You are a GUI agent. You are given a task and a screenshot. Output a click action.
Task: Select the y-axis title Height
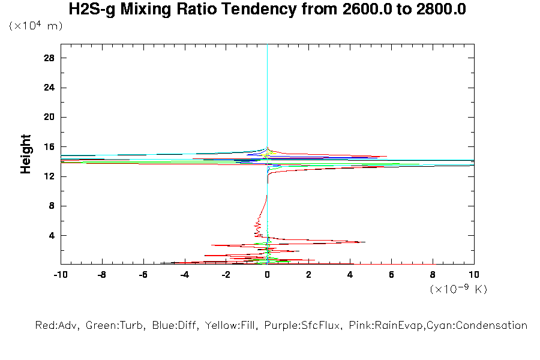(26, 154)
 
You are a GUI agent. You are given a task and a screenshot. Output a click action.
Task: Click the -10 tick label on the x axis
(60, 275)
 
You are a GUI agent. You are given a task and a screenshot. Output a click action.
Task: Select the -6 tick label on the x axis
(143, 275)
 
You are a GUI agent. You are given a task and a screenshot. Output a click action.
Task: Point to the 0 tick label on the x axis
(268, 275)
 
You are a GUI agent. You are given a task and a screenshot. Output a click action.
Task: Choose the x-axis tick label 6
(392, 275)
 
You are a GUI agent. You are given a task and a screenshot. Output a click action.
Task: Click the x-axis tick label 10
(474, 275)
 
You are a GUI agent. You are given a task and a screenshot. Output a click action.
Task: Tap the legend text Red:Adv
(58, 326)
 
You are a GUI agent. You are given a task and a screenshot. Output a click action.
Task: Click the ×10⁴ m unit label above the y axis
(36, 26)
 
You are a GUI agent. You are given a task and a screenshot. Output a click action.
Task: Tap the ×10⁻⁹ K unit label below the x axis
(458, 289)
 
